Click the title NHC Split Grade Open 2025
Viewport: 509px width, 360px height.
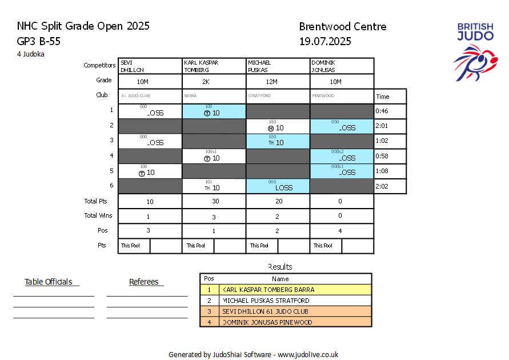point(83,26)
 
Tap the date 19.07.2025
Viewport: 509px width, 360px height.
point(325,41)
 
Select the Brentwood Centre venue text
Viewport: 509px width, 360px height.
point(343,26)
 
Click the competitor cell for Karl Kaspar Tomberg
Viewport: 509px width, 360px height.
point(214,66)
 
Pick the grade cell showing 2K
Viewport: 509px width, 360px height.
point(214,81)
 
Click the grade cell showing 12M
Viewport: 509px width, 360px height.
point(278,81)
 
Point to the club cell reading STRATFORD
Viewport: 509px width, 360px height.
point(278,96)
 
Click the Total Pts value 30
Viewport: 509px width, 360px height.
point(214,201)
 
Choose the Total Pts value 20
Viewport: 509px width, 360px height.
point(278,201)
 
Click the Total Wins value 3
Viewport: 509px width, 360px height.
point(214,216)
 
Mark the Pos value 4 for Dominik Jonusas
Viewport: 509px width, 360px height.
point(342,231)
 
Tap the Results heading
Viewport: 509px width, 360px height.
point(280,267)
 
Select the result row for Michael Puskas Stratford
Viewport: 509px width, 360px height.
point(286,301)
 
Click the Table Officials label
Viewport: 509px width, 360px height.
point(49,282)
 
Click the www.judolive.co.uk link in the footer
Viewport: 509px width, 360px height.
point(308,354)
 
